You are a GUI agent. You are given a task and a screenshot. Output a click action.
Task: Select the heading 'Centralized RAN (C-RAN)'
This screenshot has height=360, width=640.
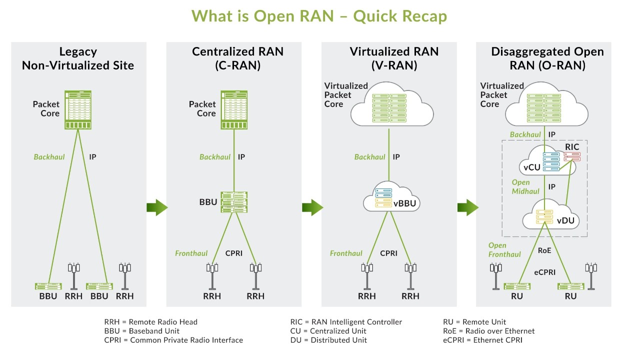pyautogui.click(x=237, y=58)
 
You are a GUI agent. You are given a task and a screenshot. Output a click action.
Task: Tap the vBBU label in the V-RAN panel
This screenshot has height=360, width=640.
pyautogui.click(x=405, y=203)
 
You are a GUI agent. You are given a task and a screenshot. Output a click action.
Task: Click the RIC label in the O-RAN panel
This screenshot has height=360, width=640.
pyautogui.click(x=572, y=146)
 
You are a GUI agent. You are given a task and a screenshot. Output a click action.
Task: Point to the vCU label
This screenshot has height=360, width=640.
pyautogui.click(x=531, y=167)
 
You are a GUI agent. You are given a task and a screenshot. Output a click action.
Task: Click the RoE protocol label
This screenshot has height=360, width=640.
pyautogui.click(x=544, y=250)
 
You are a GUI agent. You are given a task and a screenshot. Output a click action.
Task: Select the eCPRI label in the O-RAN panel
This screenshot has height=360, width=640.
pyautogui.click(x=544, y=272)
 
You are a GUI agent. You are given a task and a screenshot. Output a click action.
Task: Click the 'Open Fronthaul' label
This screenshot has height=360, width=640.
pyautogui.click(x=504, y=250)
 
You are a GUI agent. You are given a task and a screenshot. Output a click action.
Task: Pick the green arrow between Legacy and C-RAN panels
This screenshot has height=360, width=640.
pyautogui.click(x=157, y=207)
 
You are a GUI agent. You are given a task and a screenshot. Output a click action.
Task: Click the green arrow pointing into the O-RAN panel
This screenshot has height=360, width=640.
pyautogui.click(x=468, y=207)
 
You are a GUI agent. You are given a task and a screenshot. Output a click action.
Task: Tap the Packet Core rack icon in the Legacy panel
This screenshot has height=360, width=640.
pyautogui.click(x=77, y=109)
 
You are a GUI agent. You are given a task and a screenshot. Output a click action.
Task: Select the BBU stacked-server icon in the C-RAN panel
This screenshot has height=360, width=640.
pyautogui.click(x=234, y=202)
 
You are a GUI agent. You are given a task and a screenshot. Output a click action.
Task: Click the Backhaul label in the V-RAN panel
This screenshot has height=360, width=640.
pyautogui.click(x=370, y=157)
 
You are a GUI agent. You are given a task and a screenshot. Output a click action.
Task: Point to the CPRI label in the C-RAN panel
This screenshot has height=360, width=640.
pyautogui.click(x=234, y=253)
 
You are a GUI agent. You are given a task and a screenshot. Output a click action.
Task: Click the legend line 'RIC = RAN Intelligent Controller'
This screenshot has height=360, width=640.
pyautogui.click(x=346, y=322)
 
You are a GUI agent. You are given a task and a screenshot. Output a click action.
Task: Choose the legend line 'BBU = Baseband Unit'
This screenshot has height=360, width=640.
pyautogui.click(x=141, y=331)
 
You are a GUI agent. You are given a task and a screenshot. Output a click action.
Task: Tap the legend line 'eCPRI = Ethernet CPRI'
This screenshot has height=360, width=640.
pyautogui.click(x=482, y=340)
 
